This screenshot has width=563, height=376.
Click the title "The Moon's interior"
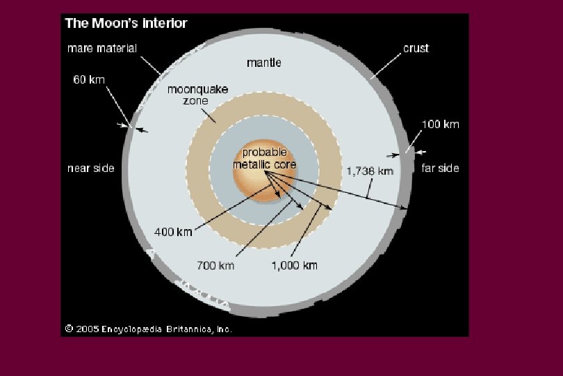pyautogui.click(x=126, y=24)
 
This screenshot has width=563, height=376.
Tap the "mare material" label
pyautogui.click(x=101, y=49)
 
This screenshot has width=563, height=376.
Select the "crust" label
pyautogui.click(x=416, y=49)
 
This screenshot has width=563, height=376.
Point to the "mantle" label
pyautogui.click(x=264, y=63)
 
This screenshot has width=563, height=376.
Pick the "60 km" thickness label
pyautogui.click(x=89, y=79)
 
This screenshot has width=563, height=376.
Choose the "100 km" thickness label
pyautogui.click(x=440, y=125)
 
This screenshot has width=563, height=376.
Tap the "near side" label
pyautogui.click(x=90, y=169)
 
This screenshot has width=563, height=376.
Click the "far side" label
pyautogui.click(x=440, y=169)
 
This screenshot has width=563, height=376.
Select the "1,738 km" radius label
pyautogui.click(x=369, y=171)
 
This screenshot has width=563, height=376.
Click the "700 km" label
pyautogui.click(x=216, y=265)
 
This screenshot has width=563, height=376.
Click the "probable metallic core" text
pyautogui.click(x=264, y=159)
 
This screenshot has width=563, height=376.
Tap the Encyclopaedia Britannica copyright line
pyautogui.click(x=148, y=329)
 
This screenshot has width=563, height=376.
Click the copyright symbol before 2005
pyautogui.click(x=70, y=329)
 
